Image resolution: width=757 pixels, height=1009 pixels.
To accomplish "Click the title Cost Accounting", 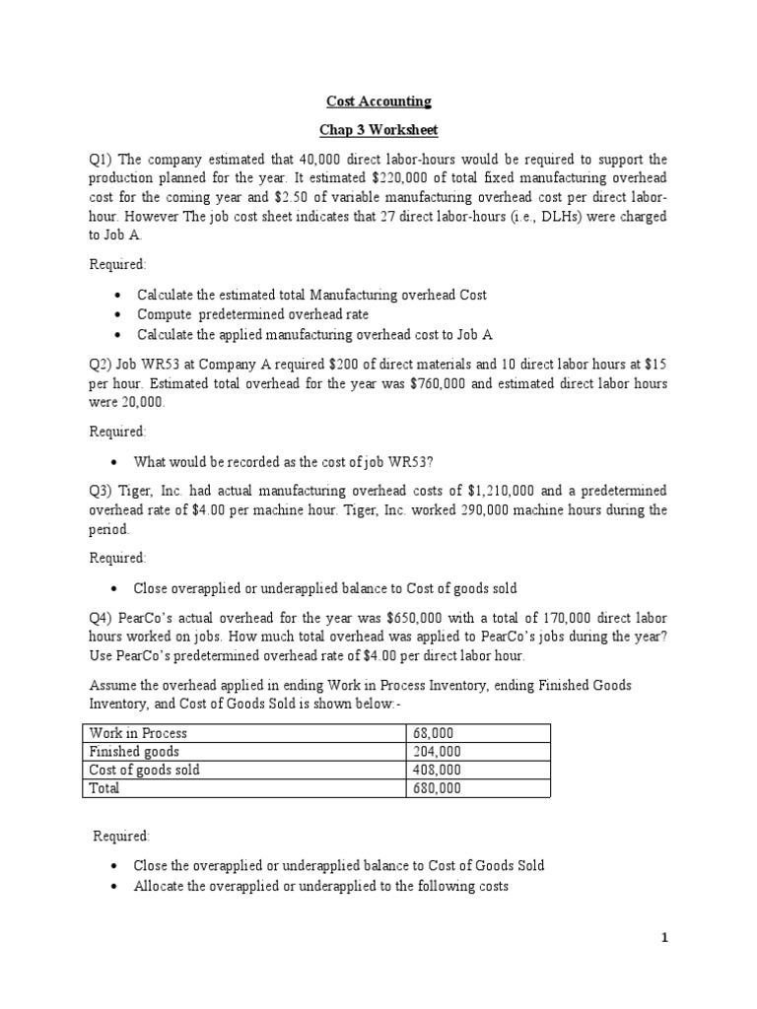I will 378,101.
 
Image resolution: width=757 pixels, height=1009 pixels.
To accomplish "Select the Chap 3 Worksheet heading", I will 378,130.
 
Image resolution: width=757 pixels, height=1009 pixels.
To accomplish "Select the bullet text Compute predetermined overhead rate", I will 253,315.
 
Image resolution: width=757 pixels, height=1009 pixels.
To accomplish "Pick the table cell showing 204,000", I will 437,751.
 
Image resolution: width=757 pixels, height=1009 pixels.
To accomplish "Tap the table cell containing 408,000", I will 437,770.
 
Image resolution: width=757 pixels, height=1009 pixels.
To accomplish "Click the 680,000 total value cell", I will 437,788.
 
